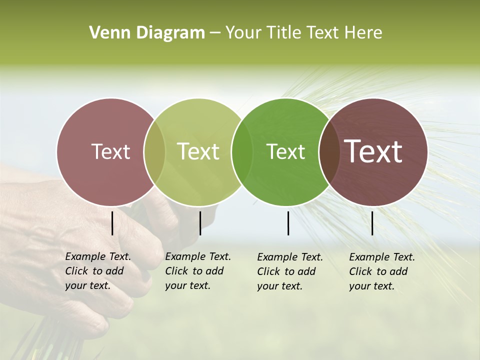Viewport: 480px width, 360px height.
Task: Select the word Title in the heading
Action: [283, 32]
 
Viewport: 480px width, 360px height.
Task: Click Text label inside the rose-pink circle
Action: [110, 151]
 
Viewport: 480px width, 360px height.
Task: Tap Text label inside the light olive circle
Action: [198, 151]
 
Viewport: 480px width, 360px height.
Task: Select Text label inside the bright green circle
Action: [286, 151]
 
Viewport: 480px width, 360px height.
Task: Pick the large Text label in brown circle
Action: [374, 151]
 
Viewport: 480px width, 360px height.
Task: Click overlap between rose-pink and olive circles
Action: [154, 151]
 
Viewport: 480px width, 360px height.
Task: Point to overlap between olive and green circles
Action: [242, 151]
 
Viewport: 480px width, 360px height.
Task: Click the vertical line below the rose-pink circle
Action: [112, 223]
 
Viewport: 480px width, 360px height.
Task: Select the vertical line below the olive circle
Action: [200, 223]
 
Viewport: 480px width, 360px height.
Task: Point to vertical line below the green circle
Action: [288, 223]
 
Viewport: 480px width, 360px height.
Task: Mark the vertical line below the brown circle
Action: [372, 223]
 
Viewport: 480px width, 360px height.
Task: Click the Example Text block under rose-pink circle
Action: [98, 271]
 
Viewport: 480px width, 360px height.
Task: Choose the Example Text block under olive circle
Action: [198, 271]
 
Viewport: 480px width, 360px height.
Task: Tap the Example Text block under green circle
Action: [290, 271]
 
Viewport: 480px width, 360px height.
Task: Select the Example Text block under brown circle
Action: [382, 271]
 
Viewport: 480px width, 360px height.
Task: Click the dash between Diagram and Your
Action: [215, 33]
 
